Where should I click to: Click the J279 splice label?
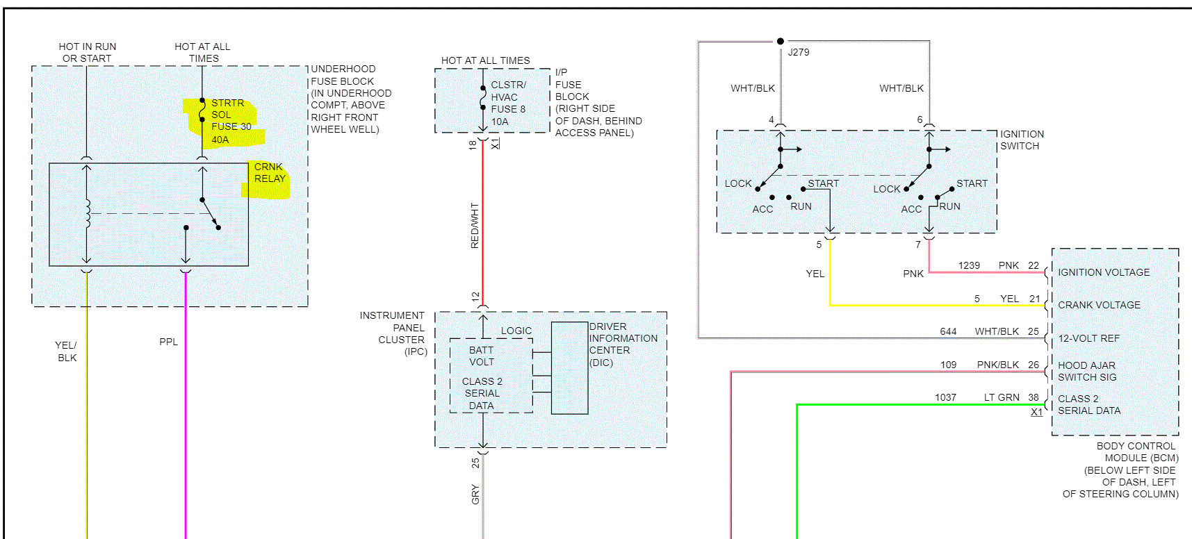798,52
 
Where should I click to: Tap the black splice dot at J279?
781,41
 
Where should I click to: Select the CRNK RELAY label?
270,173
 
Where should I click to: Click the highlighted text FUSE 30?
231,126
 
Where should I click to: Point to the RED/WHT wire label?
475,226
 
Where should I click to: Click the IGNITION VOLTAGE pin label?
1104,272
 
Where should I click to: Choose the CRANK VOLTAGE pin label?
1099,305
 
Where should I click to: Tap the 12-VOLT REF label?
1088,338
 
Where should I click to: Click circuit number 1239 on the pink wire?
969,265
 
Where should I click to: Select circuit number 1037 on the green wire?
945,397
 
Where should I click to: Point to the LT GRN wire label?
1002,397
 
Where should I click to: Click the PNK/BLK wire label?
997,365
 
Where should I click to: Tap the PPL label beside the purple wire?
168,342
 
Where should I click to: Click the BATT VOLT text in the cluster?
481,356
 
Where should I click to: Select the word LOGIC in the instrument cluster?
516,331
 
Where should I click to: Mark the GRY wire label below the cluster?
475,495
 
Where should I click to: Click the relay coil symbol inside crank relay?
87,214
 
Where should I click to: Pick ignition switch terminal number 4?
771,120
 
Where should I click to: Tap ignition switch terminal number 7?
918,244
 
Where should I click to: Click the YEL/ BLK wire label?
67,351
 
